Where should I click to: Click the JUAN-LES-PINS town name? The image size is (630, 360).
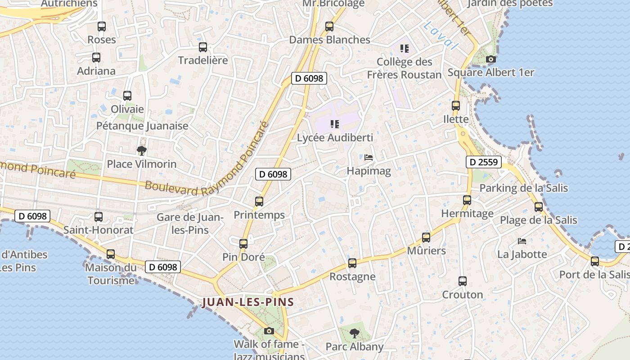click(x=248, y=302)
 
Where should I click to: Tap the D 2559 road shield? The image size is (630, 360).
click(x=484, y=162)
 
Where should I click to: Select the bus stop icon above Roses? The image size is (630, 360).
click(x=102, y=27)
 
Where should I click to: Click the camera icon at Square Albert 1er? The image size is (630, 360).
click(x=491, y=59)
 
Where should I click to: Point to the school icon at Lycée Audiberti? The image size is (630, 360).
click(x=334, y=124)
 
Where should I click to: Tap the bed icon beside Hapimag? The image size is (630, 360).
click(x=369, y=157)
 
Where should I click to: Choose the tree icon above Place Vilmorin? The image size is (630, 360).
click(x=142, y=150)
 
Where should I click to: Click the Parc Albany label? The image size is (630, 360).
click(x=355, y=346)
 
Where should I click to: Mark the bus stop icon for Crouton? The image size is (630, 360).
click(x=463, y=281)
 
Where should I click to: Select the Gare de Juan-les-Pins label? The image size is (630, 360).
click(x=190, y=224)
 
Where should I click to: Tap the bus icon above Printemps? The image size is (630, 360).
click(x=259, y=202)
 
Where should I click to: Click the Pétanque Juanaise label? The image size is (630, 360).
click(x=142, y=126)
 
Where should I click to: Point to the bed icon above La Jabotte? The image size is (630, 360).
click(x=522, y=241)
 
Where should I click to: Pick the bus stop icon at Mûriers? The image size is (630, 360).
click(x=426, y=237)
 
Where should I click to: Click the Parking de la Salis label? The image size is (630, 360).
click(x=524, y=188)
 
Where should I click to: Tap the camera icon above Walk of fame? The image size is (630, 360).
click(x=269, y=331)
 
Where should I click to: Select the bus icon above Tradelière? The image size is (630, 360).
click(x=203, y=47)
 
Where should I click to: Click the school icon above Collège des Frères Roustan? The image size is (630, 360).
click(x=405, y=48)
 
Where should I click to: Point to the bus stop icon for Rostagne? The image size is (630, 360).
click(x=352, y=263)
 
